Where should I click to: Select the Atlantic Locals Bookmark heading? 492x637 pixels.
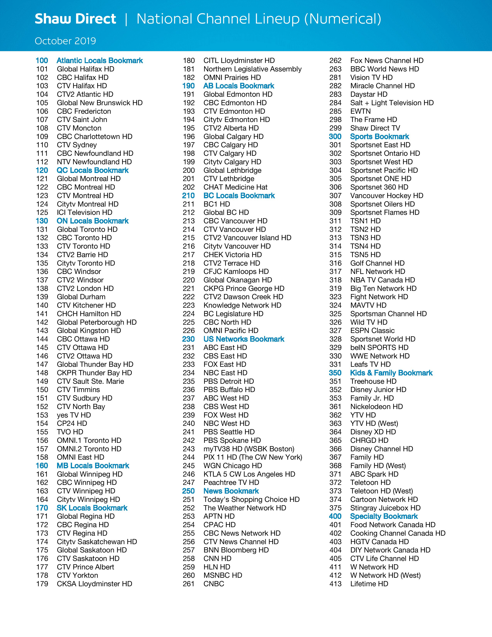[100, 61]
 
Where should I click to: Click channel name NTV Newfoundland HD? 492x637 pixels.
[94, 162]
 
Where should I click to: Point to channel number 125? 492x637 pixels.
[42, 213]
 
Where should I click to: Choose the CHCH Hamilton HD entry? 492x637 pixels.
[89, 314]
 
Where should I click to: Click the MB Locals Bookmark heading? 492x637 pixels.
[93, 466]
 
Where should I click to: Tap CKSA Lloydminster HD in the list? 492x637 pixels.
[94, 584]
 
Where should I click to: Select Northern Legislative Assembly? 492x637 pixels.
[252, 69]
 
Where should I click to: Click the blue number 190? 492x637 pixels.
[188, 86]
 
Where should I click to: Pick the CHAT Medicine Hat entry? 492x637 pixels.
[235, 187]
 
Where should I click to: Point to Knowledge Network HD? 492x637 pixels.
[242, 305]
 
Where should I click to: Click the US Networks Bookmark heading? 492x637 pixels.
[244, 339]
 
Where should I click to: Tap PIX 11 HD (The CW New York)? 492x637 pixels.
[253, 457]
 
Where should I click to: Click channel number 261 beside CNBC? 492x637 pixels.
[188, 584]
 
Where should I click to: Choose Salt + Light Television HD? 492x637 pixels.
[392, 103]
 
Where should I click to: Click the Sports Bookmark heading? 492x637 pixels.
[380, 137]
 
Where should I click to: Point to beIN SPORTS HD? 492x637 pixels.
[379, 348]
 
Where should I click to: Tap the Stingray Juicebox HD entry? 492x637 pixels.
[385, 508]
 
